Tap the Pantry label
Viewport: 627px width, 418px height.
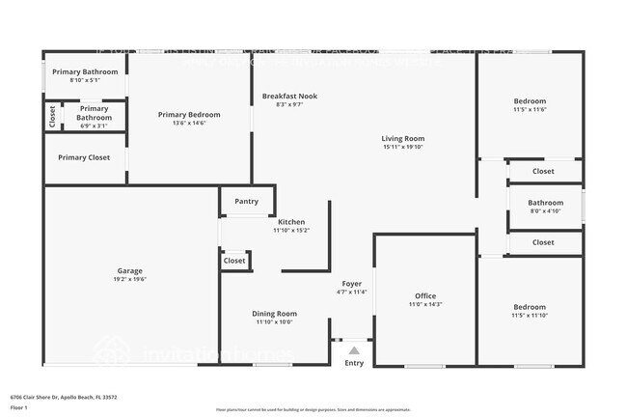pyautogui.click(x=246, y=202)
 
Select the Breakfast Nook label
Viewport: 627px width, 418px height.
pyautogui.click(x=289, y=97)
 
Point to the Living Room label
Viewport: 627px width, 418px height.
pyautogui.click(x=403, y=139)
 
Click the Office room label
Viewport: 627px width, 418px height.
pyautogui.click(x=425, y=295)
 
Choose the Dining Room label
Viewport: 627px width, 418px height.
pyautogui.click(x=274, y=314)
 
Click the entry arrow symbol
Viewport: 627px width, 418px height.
pyautogui.click(x=354, y=350)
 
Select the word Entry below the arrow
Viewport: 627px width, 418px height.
pyautogui.click(x=354, y=364)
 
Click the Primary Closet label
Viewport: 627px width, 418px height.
pyautogui.click(x=84, y=157)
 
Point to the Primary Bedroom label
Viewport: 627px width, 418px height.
pyautogui.click(x=189, y=115)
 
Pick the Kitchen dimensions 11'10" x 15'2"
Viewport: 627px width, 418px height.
pyautogui.click(x=289, y=231)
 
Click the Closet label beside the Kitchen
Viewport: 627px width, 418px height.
pyautogui.click(x=234, y=261)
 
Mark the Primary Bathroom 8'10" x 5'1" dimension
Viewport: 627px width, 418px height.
pyautogui.click(x=85, y=80)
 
